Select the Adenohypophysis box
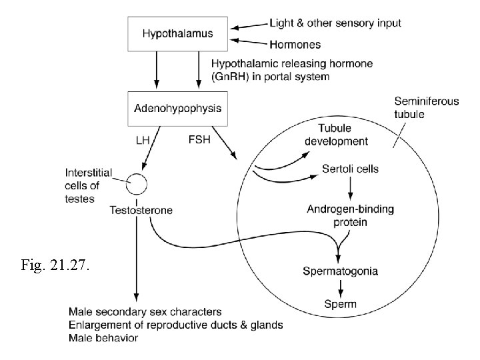point(177,107)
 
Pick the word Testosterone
point(141,210)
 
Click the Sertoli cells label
point(350,169)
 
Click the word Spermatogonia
point(341,271)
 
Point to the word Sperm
point(341,304)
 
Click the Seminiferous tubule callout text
point(427,108)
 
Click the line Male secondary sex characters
point(145,312)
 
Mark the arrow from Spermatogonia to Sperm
point(341,287)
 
